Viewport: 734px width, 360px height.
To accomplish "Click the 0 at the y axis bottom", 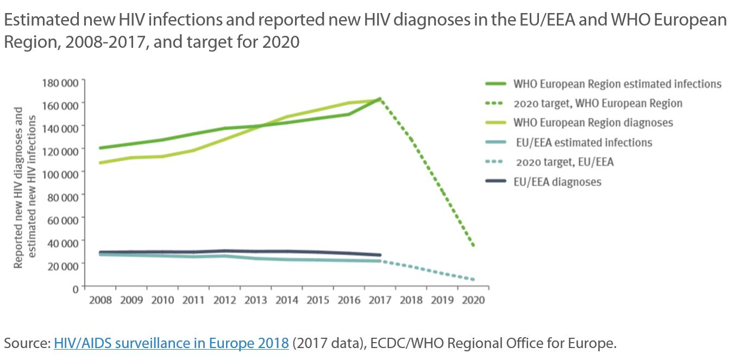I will tap(75, 288).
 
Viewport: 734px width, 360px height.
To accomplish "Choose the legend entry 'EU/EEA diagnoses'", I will tap(557, 182).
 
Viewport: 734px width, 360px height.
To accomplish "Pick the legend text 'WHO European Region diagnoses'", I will tap(593, 123).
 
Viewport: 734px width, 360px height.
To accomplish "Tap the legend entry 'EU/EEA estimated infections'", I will tap(582, 142).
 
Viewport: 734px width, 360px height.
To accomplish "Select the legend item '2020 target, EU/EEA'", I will tap(565, 162).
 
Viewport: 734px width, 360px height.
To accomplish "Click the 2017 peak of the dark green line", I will tap(379, 99).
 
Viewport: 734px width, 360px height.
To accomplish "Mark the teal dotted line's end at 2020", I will tap(474, 280).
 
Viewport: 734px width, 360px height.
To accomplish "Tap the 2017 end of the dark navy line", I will tap(380, 255).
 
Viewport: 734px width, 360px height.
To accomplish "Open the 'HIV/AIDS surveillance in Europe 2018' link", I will tap(171, 343).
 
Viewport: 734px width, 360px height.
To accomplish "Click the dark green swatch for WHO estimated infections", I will tap(495, 84).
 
